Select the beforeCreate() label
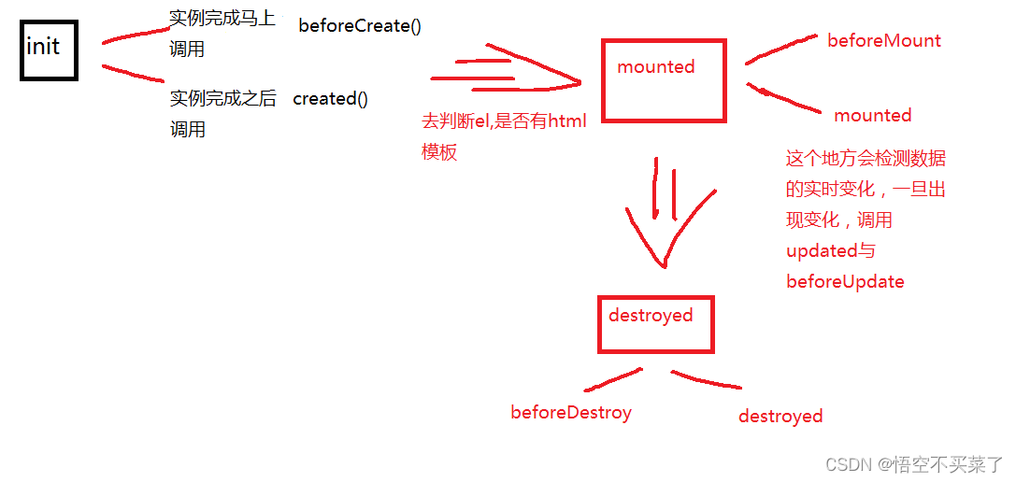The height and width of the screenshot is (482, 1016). pyautogui.click(x=360, y=26)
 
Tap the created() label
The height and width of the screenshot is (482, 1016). pyautogui.click(x=330, y=99)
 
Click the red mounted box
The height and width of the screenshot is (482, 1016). pyautogui.click(x=664, y=81)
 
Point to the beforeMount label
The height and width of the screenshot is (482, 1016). pyautogui.click(x=883, y=41)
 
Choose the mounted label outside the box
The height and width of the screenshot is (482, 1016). pyautogui.click(x=872, y=116)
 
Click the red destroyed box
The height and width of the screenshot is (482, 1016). pyautogui.click(x=656, y=325)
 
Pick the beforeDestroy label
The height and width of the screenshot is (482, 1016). pyautogui.click(x=571, y=413)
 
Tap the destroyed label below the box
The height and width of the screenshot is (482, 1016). pyautogui.click(x=780, y=417)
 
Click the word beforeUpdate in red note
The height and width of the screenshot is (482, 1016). pyautogui.click(x=845, y=282)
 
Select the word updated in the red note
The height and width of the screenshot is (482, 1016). pyautogui.click(x=822, y=251)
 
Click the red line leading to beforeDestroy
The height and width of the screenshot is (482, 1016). pyautogui.click(x=612, y=379)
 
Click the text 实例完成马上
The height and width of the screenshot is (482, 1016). pyautogui.click(x=222, y=18)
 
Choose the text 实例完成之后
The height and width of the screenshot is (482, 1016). pyautogui.click(x=222, y=99)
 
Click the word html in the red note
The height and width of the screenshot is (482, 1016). pyautogui.click(x=566, y=121)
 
